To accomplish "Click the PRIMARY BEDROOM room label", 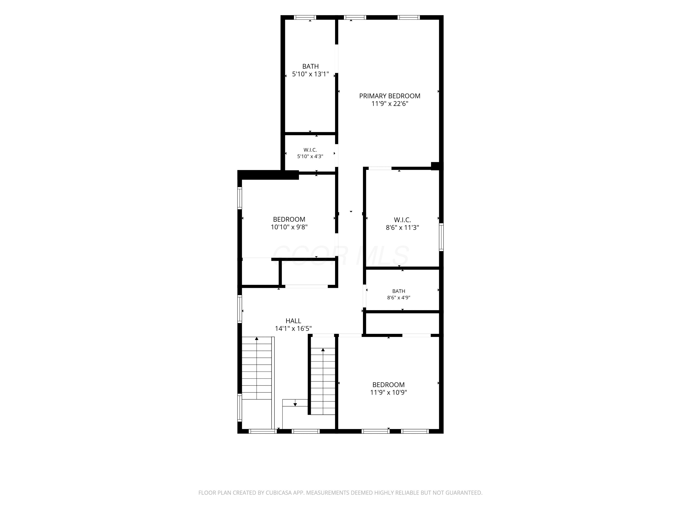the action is (x=390, y=96).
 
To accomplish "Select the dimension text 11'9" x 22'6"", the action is (x=390, y=104).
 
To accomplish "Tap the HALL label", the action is (x=293, y=321).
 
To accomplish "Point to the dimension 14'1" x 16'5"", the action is (x=293, y=329).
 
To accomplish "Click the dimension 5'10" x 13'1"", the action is (x=310, y=74).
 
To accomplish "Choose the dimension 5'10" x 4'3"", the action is (x=310, y=156).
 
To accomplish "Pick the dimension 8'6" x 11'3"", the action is (x=402, y=228).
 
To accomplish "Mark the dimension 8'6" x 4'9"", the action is (x=399, y=298).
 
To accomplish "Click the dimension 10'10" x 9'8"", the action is (x=289, y=227).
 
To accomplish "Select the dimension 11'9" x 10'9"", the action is (x=389, y=393).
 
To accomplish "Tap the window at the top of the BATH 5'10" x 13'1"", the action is (x=305, y=17).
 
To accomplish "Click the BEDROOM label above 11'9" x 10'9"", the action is (x=389, y=385).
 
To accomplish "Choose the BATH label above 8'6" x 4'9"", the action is (x=399, y=291).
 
